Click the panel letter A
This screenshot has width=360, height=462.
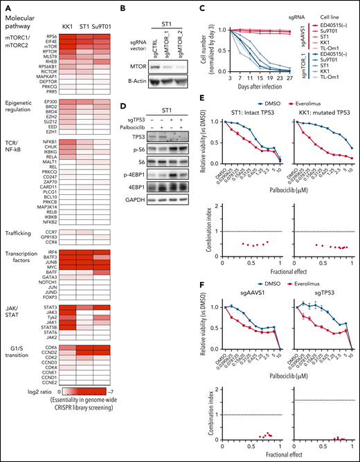[5, 5]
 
